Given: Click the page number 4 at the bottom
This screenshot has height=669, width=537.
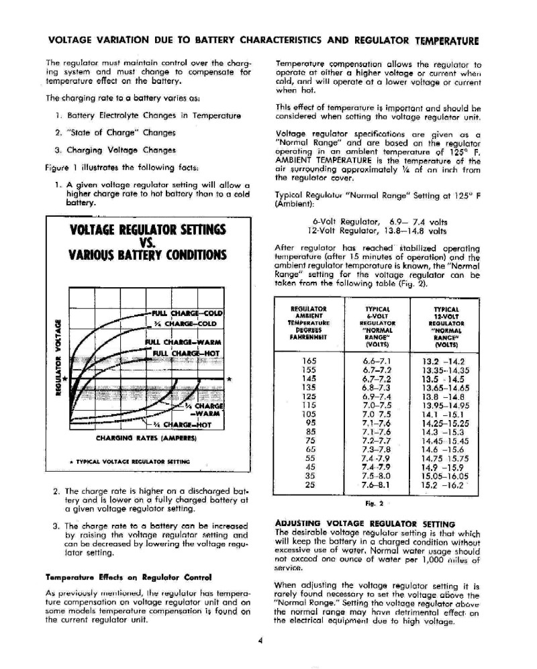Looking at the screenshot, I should pos(260,640).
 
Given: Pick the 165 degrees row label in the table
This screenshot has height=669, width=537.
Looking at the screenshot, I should pos(310,360).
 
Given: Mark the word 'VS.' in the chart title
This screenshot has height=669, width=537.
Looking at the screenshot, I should pos(148,243).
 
